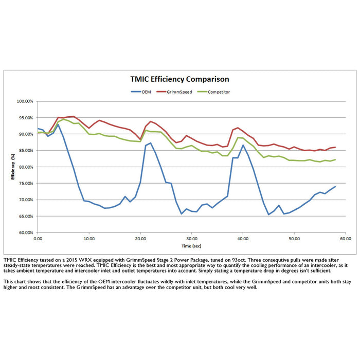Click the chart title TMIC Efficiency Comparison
(x=179, y=79)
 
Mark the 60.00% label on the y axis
(x=25, y=232)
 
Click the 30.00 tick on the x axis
(x=191, y=239)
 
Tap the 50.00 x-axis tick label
(x=294, y=239)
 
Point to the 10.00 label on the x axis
(x=89, y=239)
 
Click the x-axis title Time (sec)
(x=191, y=246)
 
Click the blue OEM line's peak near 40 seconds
(x=243, y=145)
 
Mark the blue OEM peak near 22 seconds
(x=150, y=143)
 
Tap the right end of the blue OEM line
(x=335, y=186)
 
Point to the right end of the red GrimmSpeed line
(x=335, y=147)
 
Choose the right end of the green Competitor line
(x=335, y=159)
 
